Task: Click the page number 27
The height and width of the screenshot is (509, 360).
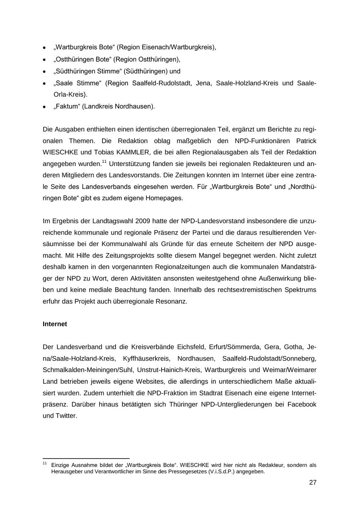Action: point(312,483)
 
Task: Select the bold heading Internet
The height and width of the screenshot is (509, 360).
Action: point(55,324)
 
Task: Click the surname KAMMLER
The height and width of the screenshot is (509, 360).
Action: point(133,152)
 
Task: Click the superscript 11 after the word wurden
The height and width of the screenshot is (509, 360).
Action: point(104,162)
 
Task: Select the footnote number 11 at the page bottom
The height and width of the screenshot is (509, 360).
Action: point(44,464)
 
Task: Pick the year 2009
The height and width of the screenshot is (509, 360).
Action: point(144,221)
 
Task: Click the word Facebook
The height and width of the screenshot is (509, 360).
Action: point(300,405)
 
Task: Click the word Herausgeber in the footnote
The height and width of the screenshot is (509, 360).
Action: point(66,472)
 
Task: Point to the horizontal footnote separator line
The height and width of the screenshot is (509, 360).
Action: point(86,459)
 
